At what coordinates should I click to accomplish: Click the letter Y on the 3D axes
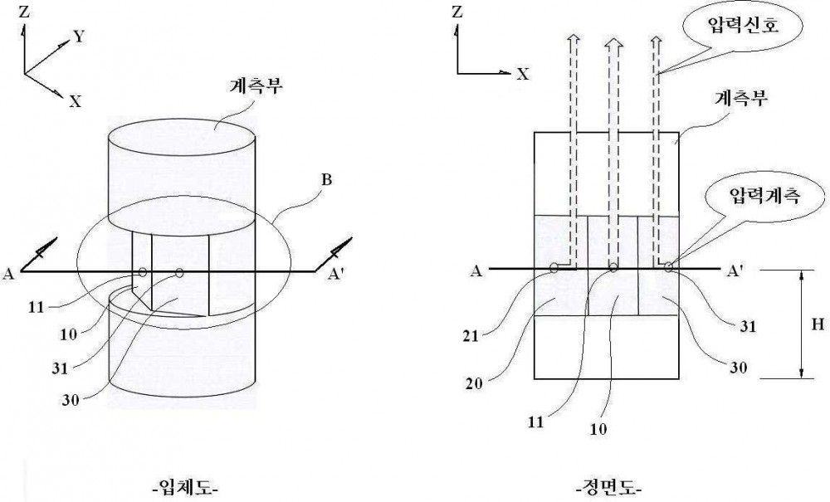pyautogui.click(x=78, y=36)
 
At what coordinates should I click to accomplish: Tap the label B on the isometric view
pyautogui.click(x=326, y=180)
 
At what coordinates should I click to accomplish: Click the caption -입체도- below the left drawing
pyautogui.click(x=184, y=485)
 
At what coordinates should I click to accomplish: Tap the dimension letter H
pyautogui.click(x=818, y=324)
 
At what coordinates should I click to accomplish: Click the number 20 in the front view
pyautogui.click(x=474, y=383)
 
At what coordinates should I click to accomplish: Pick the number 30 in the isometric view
pyautogui.click(x=70, y=400)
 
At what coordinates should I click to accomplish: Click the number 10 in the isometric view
pyautogui.click(x=68, y=334)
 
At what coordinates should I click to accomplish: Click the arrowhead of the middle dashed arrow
pyautogui.click(x=613, y=45)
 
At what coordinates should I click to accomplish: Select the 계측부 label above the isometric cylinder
pyautogui.click(x=256, y=85)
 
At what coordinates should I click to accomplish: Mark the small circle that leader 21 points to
pyautogui.click(x=554, y=268)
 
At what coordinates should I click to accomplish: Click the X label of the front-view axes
pyautogui.click(x=523, y=74)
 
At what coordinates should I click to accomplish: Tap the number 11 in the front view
pyautogui.click(x=536, y=422)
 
